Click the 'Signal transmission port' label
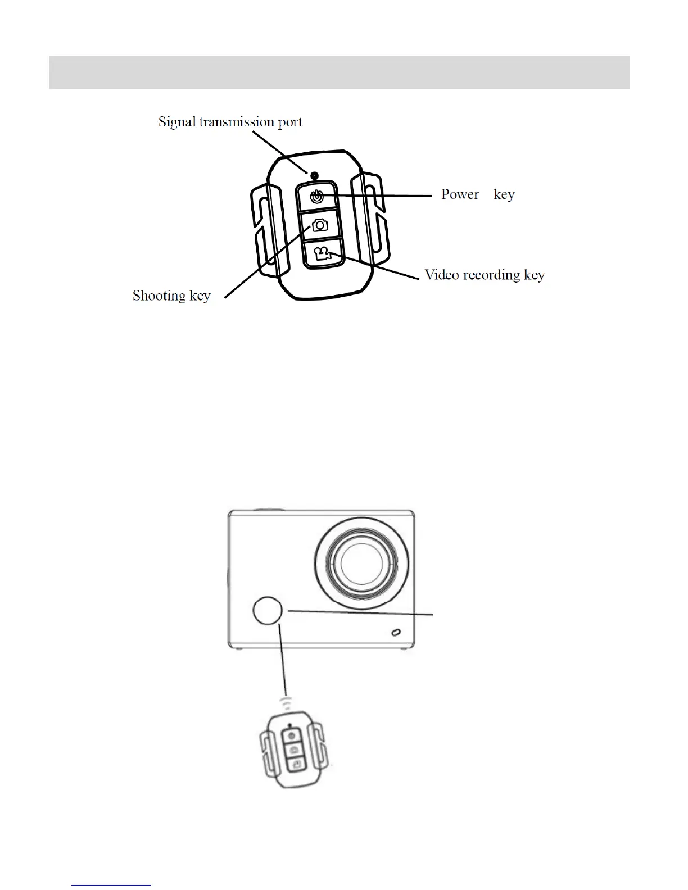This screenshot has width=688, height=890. (230, 122)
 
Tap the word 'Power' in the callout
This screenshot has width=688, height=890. (460, 194)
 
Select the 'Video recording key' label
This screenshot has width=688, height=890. (485, 275)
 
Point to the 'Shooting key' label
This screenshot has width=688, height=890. (171, 296)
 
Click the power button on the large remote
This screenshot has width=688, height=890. (317, 197)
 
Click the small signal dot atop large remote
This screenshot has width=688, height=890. (315, 175)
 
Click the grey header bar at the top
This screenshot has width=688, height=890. (339, 72)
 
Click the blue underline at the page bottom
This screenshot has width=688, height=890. (112, 885)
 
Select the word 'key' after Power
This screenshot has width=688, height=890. (504, 194)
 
